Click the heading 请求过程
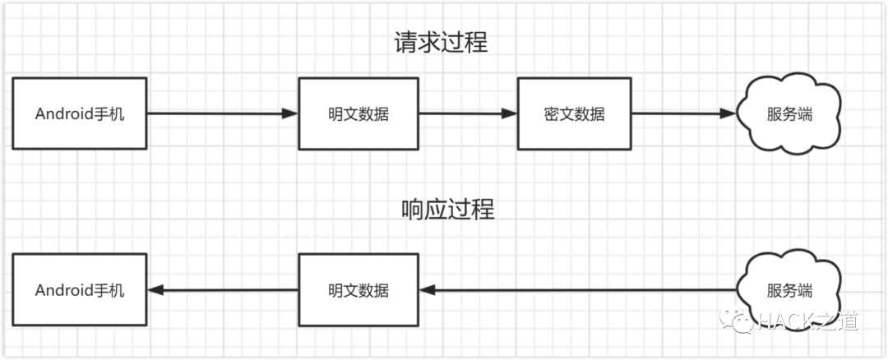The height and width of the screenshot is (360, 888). click(442, 42)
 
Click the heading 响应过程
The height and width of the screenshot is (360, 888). click(447, 209)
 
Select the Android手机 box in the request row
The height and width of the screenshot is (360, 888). click(80, 113)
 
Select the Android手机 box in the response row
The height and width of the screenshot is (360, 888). click(80, 290)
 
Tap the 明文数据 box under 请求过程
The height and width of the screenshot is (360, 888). click(358, 113)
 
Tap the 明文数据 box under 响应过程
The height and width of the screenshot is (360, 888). click(358, 290)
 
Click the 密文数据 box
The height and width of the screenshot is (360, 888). click(574, 113)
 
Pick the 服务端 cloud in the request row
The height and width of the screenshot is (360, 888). click(789, 114)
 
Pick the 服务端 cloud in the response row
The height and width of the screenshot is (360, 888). click(789, 290)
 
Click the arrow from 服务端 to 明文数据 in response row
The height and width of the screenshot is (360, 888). click(576, 290)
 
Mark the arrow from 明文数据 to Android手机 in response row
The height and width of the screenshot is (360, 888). click(222, 290)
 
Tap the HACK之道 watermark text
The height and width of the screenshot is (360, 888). click(810, 321)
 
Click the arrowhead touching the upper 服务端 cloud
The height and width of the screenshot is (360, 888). click(728, 113)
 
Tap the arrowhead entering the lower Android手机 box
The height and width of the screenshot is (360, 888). click(155, 290)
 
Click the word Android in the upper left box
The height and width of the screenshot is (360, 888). click(62, 114)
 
